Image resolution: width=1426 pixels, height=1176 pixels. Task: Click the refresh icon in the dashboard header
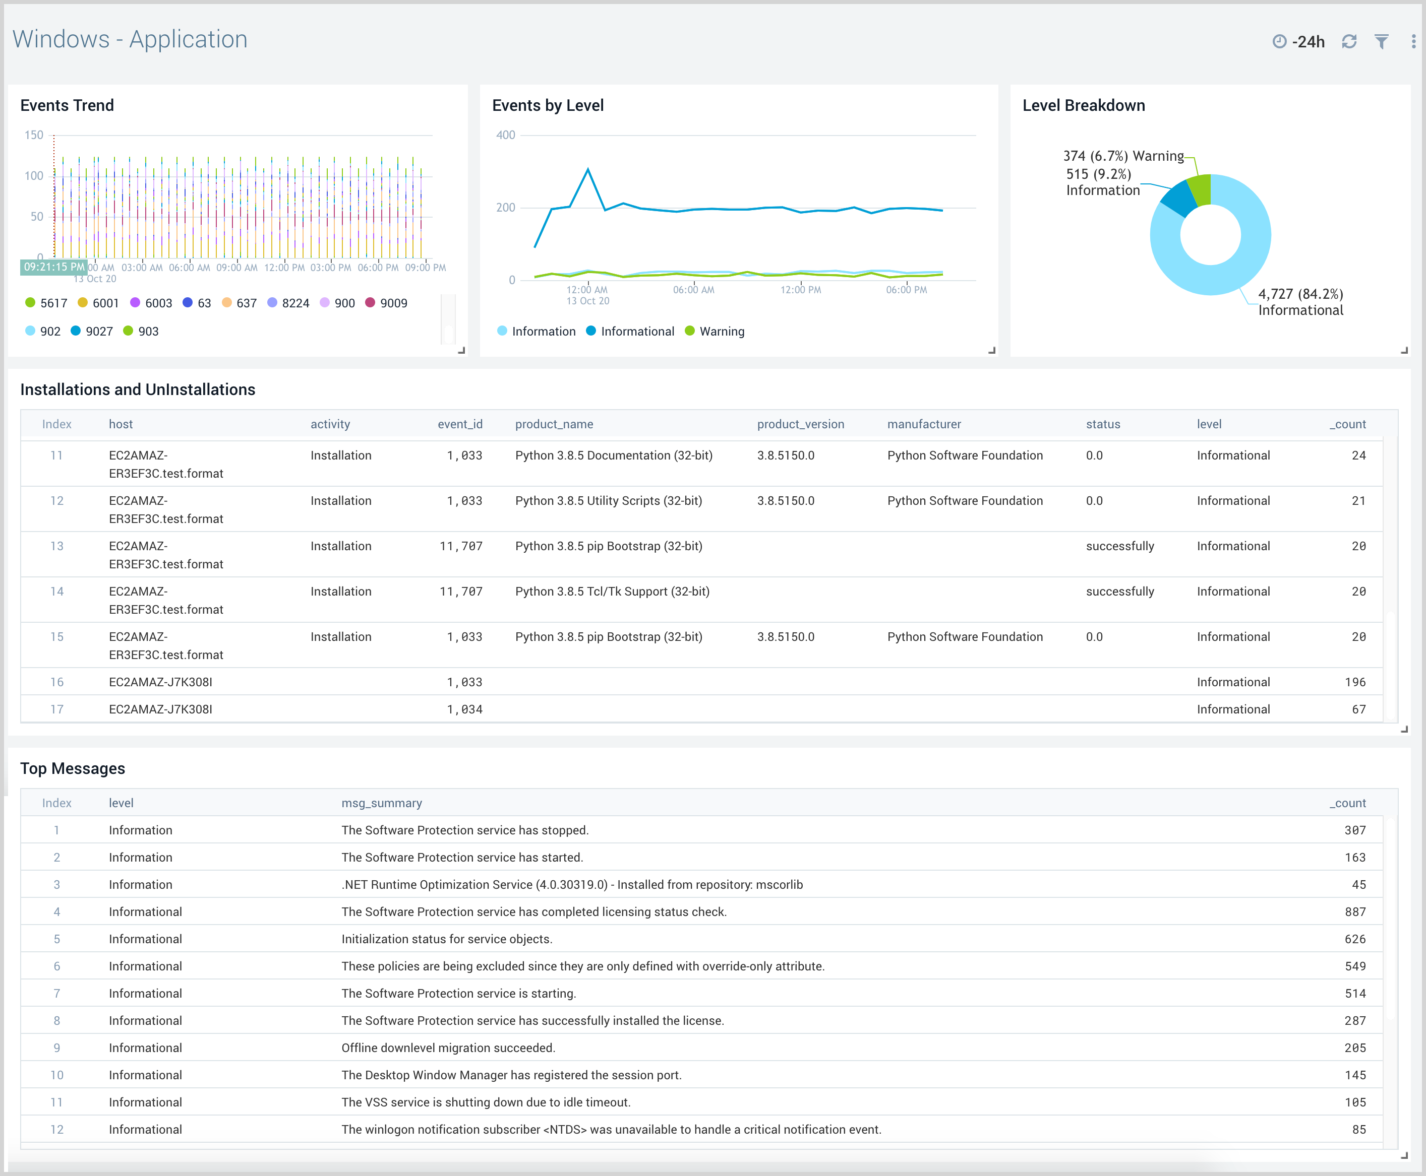[x=1349, y=42]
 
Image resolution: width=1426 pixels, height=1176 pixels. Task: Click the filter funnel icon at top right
[x=1381, y=42]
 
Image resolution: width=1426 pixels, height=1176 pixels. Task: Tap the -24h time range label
[x=1308, y=42]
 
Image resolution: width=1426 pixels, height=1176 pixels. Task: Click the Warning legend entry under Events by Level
[x=715, y=331]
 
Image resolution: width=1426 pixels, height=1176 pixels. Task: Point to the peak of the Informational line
[x=587, y=169]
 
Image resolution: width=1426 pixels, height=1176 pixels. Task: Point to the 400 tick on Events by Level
[x=506, y=135]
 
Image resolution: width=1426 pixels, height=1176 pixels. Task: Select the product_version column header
[x=800, y=424]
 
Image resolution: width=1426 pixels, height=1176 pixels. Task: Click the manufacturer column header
[x=924, y=424]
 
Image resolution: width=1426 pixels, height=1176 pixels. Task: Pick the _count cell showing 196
[x=1355, y=682]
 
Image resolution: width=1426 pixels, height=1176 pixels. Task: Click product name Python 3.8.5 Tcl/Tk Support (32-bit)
[x=612, y=592]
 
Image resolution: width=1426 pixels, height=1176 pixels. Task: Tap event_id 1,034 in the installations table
[x=464, y=709]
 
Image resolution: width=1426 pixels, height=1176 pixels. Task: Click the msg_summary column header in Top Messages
[x=382, y=803]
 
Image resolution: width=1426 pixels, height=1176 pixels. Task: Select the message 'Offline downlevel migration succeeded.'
[x=448, y=1048]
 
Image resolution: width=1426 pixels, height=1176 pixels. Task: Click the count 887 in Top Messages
[x=1355, y=912]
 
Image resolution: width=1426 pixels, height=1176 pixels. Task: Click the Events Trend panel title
[x=67, y=106]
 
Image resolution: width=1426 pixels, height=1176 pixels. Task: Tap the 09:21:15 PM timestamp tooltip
[x=54, y=267]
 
